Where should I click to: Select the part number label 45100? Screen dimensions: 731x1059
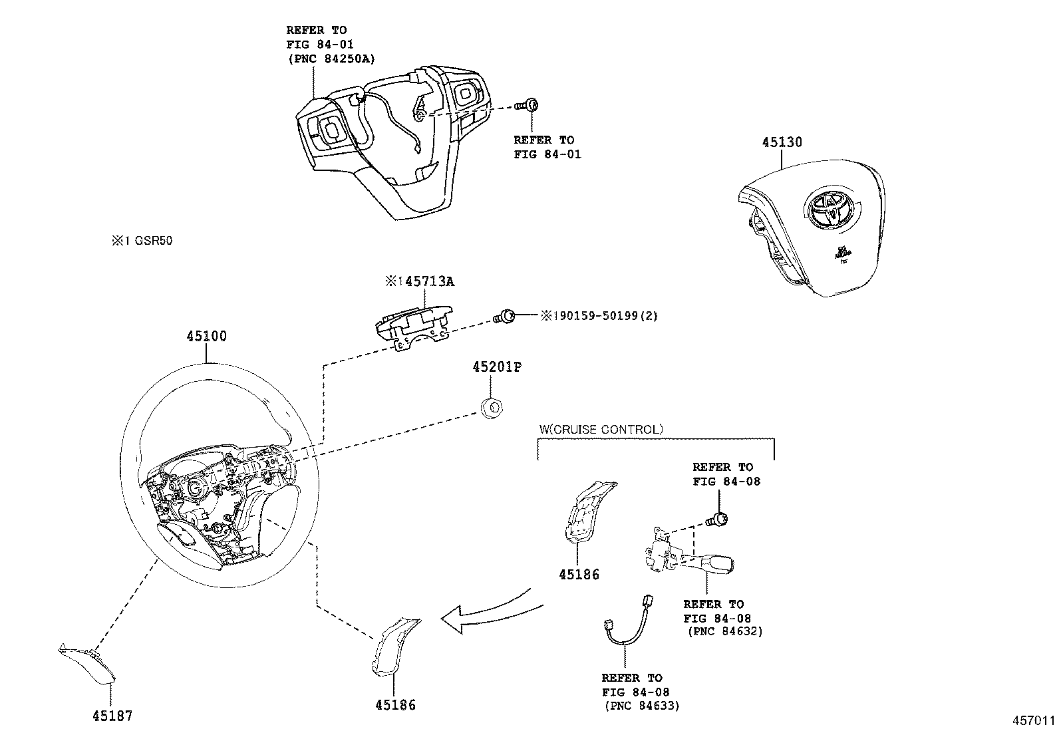point(206,337)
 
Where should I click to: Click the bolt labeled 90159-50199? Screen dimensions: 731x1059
point(506,316)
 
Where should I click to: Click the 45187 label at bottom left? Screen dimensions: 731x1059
point(112,716)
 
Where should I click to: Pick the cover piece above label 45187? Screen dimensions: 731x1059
point(86,666)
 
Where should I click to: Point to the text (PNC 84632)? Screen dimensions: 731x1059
point(725,631)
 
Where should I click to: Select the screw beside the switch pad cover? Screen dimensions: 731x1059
point(529,105)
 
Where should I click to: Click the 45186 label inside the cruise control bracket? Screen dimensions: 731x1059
point(578,574)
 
